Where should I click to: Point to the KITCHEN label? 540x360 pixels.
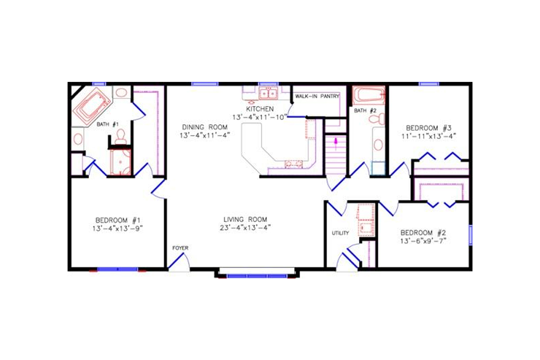tap(259, 109)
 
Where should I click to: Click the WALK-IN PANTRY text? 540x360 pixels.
tap(317, 96)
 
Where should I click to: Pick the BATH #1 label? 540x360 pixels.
tap(108, 124)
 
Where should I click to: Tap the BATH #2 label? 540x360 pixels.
tap(365, 110)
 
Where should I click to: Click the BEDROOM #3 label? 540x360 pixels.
tap(428, 127)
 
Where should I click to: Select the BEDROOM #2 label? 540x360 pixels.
tap(423, 233)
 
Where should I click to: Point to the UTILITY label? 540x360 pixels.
tap(341, 233)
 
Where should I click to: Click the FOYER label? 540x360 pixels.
tap(180, 248)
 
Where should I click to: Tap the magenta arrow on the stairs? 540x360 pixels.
tap(335, 143)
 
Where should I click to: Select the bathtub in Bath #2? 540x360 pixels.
tap(369, 95)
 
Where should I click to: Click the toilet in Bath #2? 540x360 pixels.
tap(376, 119)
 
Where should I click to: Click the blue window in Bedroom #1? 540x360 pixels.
tap(117, 269)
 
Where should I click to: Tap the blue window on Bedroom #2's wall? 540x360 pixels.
tap(470, 234)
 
